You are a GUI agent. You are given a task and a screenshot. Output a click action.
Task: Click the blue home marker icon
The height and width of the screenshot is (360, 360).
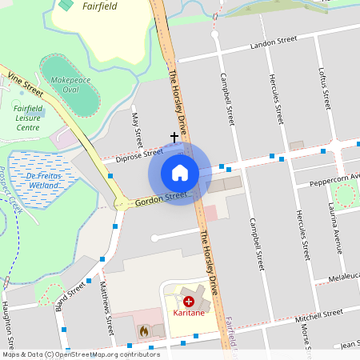click(180, 172)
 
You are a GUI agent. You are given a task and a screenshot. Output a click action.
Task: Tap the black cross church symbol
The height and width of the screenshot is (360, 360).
click(174, 138)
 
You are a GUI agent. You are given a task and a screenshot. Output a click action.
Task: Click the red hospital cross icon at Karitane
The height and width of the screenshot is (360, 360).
click(189, 302)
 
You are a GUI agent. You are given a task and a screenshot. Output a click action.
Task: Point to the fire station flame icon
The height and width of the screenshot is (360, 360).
click(144, 329)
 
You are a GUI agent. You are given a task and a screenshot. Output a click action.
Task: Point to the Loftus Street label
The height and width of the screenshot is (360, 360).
click(326, 89)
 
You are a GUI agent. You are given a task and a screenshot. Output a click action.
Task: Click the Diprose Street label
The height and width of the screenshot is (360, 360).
click(139, 154)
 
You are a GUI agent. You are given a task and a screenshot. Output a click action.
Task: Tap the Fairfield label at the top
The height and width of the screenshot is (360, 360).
click(99, 6)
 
